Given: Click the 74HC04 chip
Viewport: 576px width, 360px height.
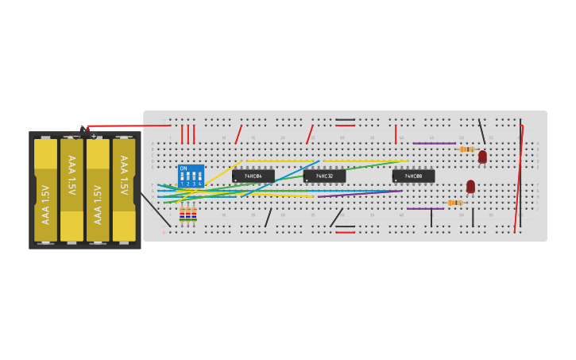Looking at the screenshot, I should pyautogui.click(x=253, y=176).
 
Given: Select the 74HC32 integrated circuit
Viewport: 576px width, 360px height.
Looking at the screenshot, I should pyautogui.click(x=324, y=176).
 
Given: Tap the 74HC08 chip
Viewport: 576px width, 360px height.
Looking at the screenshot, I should pyautogui.click(x=413, y=176).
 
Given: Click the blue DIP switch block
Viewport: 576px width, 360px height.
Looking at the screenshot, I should pyautogui.click(x=191, y=176).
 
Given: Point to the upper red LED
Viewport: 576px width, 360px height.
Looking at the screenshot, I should pyautogui.click(x=482, y=157).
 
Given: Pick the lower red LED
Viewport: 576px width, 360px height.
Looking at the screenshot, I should pyautogui.click(x=470, y=186).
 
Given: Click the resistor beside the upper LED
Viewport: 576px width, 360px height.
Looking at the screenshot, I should pyautogui.click(x=466, y=149).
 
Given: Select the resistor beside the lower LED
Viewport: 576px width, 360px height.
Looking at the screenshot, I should pyautogui.click(x=454, y=203).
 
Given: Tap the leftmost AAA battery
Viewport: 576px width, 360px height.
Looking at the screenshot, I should pyautogui.click(x=45, y=191).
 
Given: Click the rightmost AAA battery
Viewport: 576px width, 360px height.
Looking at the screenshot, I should pyautogui.click(x=124, y=191).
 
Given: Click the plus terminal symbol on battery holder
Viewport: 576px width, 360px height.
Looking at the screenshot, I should pyautogui.click(x=94, y=136).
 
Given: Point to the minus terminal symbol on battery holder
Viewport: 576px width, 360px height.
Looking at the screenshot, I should pyautogui.click(x=76, y=136).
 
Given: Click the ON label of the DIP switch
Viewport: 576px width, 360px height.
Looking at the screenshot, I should pyautogui.click(x=184, y=168).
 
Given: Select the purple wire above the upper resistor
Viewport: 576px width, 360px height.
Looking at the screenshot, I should pyautogui.click(x=434, y=143).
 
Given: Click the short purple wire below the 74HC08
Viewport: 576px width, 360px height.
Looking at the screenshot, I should pyautogui.click(x=425, y=208).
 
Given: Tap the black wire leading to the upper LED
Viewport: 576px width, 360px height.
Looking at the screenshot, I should pyautogui.click(x=481, y=131).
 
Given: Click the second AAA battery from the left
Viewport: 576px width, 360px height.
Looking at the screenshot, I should pyautogui.click(x=72, y=191).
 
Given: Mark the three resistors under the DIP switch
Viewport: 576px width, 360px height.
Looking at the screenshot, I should pyautogui.click(x=188, y=213).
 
